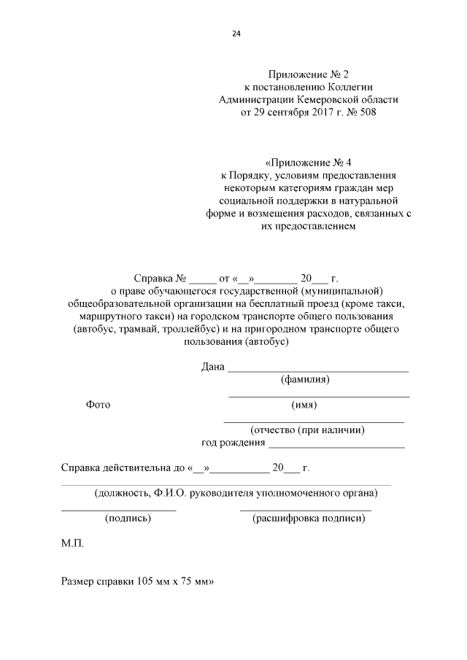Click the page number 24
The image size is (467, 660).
236,34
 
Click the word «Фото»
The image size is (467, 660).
98,405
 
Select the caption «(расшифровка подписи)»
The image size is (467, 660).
307,519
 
